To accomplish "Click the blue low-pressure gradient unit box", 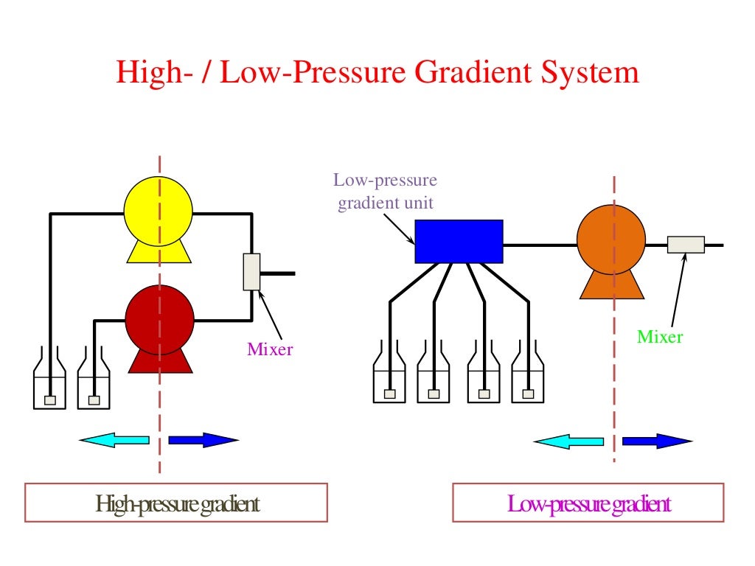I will pyautogui.click(x=459, y=241).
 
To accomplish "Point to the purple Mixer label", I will pyautogui.click(x=270, y=349).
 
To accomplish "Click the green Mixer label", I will pyautogui.click(x=660, y=338).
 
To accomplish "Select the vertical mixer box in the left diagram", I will pyautogui.click(x=251, y=272).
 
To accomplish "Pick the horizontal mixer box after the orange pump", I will pyautogui.click(x=686, y=244).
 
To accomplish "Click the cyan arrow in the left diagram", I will pyautogui.click(x=114, y=440).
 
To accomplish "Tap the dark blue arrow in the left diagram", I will pyautogui.click(x=203, y=440).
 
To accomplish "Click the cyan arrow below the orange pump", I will pyautogui.click(x=568, y=441).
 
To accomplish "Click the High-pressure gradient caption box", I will pyautogui.click(x=176, y=503).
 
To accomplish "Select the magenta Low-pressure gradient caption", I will pyautogui.click(x=588, y=504).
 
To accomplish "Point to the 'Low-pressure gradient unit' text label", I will pyautogui.click(x=385, y=192).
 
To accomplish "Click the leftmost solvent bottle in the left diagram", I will pyautogui.click(x=50, y=383).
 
